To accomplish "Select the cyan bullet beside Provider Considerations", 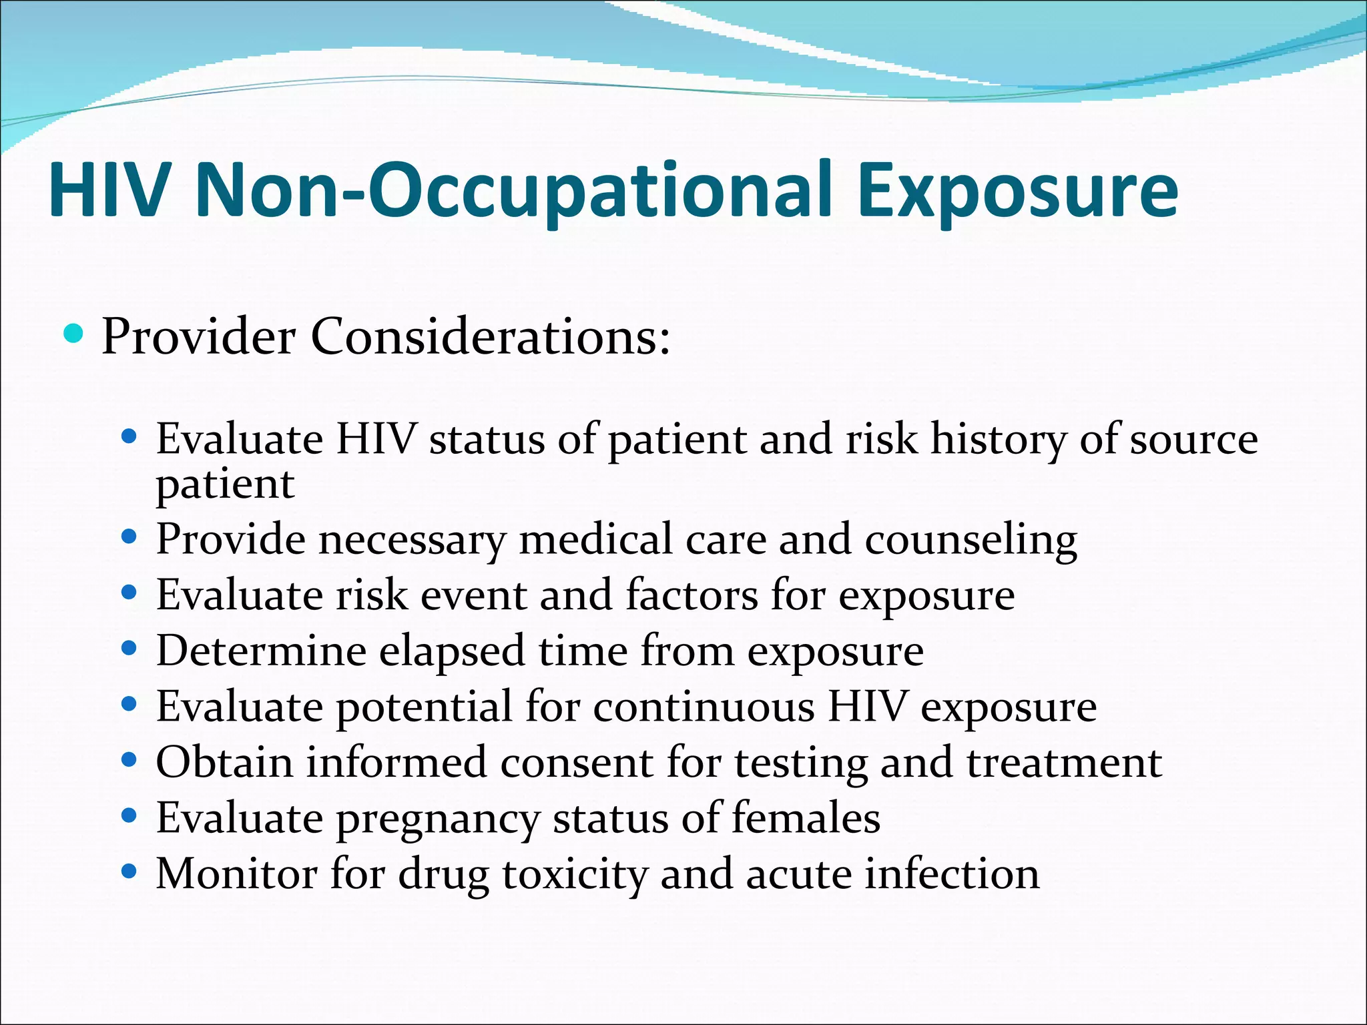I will click(74, 332).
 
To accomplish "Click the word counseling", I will click(971, 539).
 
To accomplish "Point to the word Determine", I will click(261, 651).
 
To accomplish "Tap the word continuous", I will click(704, 706).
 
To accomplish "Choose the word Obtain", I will click(224, 762).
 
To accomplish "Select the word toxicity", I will click(575, 875).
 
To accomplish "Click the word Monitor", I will click(236, 874).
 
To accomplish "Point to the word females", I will click(806, 817).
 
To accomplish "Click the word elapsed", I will click(452, 651).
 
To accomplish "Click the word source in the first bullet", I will click(1193, 440).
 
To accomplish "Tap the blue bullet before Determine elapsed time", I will click(129, 647).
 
